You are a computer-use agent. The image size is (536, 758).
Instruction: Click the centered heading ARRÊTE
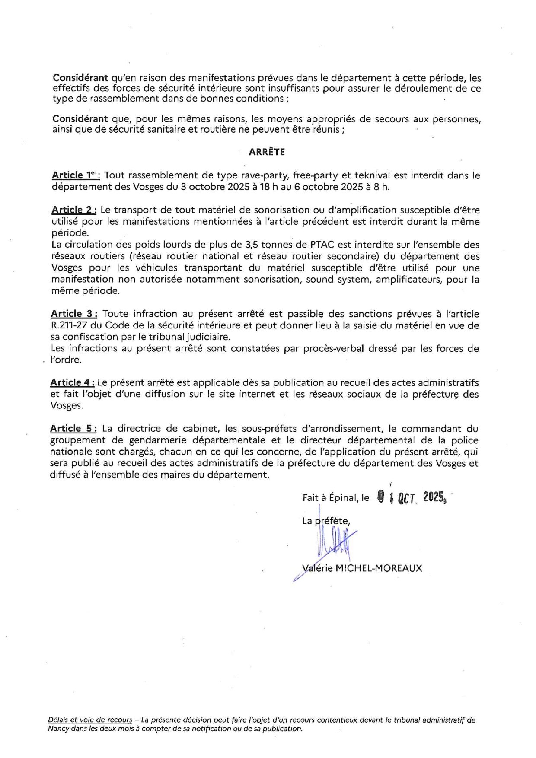click(x=267, y=152)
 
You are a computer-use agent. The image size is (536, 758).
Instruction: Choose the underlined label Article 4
click(x=72, y=382)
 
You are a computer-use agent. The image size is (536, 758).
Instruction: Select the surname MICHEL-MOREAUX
click(x=379, y=568)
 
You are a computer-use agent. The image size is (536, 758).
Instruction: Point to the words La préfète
click(x=326, y=521)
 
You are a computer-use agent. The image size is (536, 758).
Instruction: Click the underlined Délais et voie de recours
click(x=90, y=720)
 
